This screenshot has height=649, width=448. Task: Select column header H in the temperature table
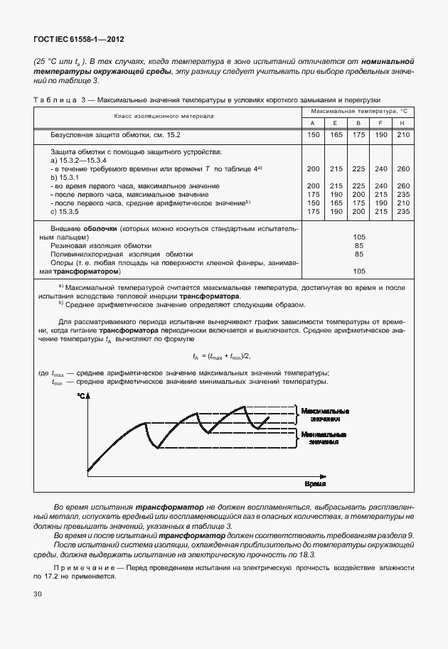[x=403, y=123]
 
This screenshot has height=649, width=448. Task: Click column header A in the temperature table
[x=312, y=123]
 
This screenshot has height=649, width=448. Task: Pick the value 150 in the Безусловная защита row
[x=312, y=134]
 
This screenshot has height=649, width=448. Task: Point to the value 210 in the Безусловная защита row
[x=403, y=134]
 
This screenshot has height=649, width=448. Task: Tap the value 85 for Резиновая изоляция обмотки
[x=359, y=245]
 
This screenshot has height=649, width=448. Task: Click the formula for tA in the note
[x=223, y=355]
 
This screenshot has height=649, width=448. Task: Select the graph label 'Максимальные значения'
[x=324, y=415]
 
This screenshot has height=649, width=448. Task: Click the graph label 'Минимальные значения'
[x=324, y=438]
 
